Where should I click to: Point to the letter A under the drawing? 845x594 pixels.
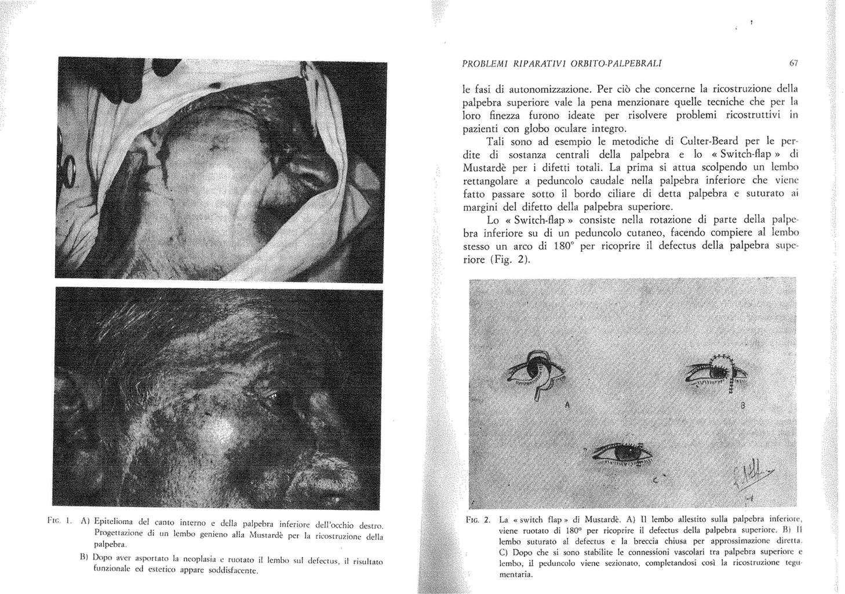coord(566,405)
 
